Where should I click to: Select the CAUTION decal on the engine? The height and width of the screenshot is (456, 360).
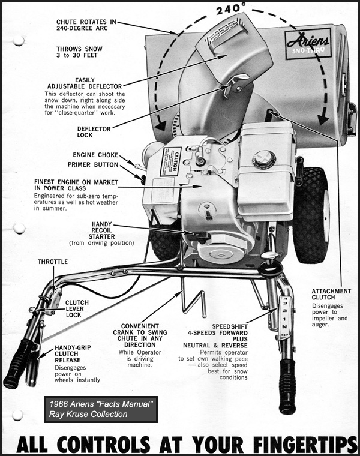click(170, 161)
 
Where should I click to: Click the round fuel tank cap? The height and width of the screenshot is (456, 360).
click(263, 159)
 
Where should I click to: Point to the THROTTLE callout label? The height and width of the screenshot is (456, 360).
click(53, 262)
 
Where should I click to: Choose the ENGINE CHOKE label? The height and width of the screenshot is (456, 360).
click(96, 155)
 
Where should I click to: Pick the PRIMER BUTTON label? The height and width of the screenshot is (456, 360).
click(92, 164)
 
